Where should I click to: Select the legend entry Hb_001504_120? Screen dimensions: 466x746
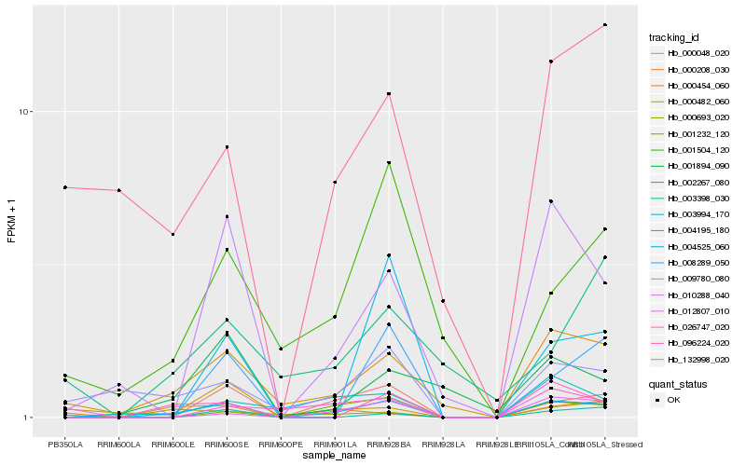[691, 149]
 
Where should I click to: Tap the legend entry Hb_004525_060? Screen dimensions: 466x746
[691, 246]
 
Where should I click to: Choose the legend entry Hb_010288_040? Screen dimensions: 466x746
[691, 295]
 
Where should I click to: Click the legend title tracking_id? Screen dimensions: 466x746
[674, 37]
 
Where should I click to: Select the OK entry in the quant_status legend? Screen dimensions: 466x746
[672, 399]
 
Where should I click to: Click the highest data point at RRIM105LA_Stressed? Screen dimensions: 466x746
[605, 24]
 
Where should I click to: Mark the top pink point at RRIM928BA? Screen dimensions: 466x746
[389, 93]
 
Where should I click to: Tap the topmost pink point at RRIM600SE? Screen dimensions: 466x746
[227, 147]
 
